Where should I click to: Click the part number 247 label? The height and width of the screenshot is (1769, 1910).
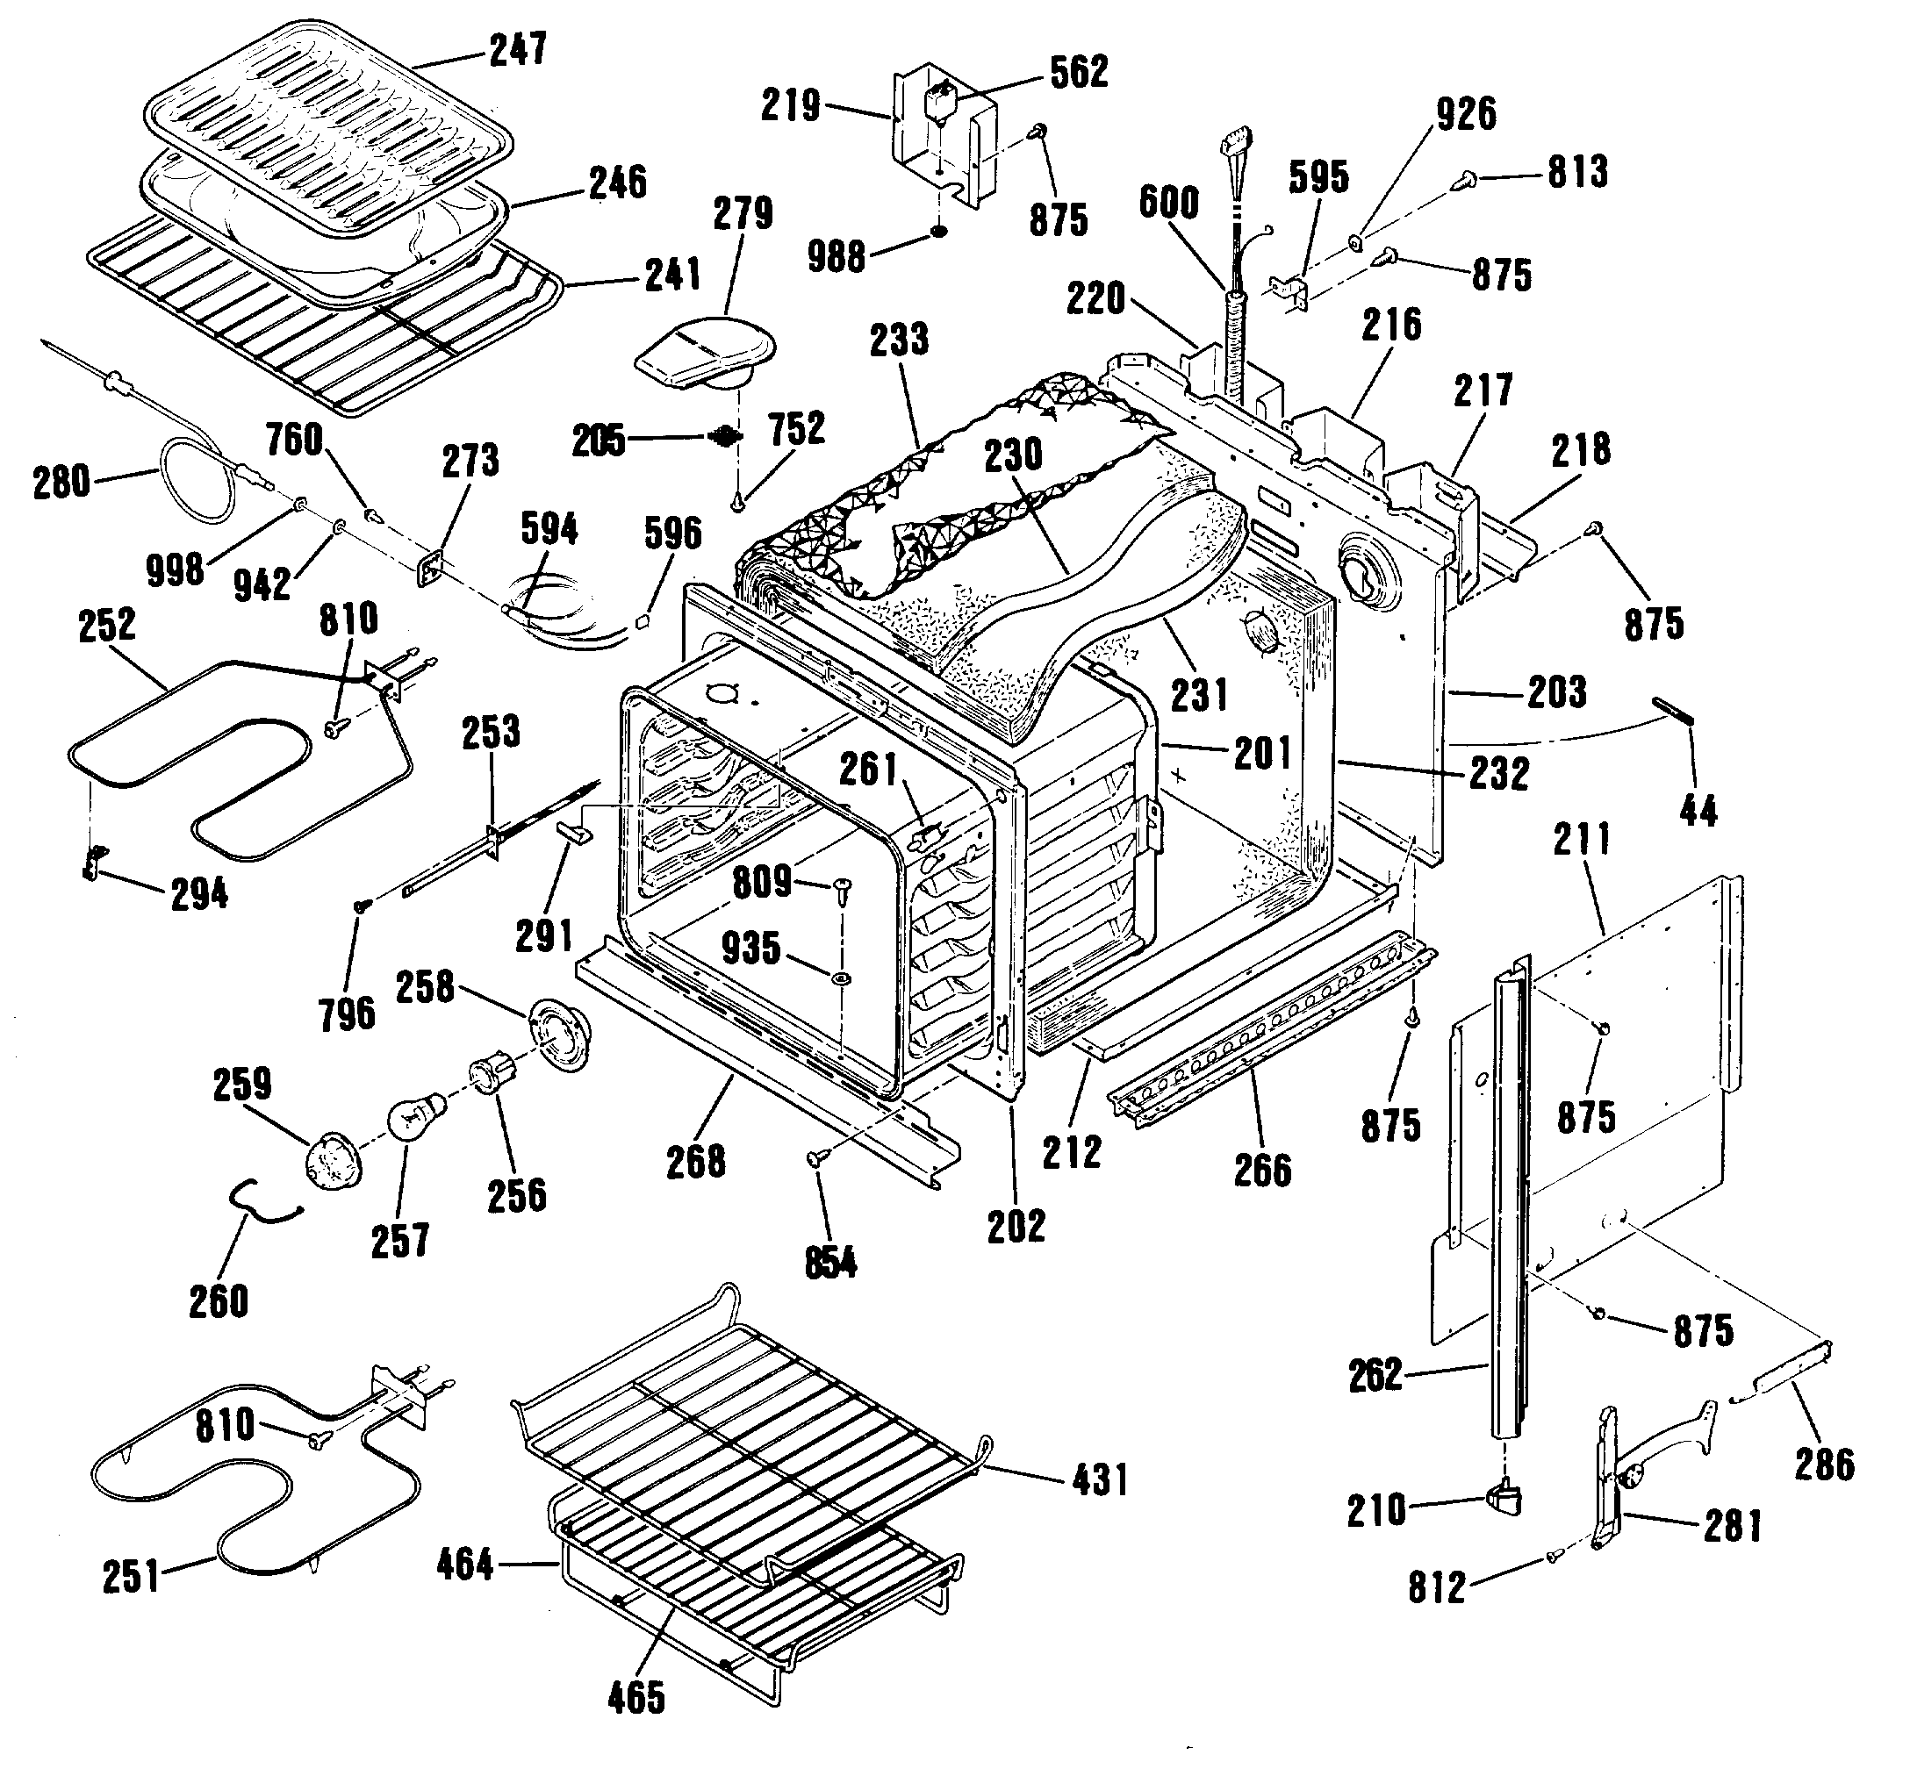coord(518,49)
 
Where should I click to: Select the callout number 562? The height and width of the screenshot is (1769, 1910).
coord(1079,72)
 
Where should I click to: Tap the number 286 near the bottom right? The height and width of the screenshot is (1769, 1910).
coord(1825,1465)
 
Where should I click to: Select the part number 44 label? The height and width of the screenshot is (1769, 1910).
coord(1698,811)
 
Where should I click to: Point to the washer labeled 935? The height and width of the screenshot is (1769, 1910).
coord(841,979)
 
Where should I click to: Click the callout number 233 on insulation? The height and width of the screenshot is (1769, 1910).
coord(900,338)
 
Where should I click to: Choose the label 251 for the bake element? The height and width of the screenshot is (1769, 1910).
coord(131,1577)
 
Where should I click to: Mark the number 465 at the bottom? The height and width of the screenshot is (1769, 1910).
coord(636,1698)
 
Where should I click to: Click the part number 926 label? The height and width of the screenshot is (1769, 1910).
coord(1466,114)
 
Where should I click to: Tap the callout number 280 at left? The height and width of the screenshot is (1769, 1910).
coord(61,482)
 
